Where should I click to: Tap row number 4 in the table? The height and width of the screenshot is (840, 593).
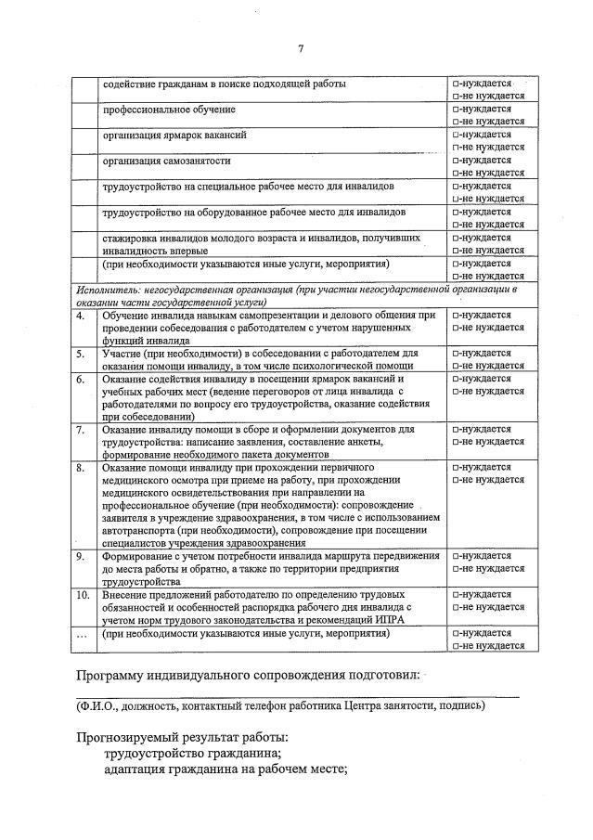click(x=82, y=316)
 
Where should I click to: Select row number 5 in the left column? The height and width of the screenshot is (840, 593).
click(x=82, y=354)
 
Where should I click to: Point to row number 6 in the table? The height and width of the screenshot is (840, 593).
click(x=82, y=380)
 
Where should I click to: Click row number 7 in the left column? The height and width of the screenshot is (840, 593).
click(x=82, y=430)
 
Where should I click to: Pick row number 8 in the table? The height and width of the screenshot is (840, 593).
click(x=82, y=468)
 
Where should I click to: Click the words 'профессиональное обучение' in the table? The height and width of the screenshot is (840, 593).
click(x=169, y=110)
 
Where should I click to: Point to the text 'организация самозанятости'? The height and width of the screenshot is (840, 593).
click(x=167, y=161)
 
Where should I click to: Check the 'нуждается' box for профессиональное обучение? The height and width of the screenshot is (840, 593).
click(x=455, y=110)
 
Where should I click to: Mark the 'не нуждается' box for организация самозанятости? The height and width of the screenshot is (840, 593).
click(x=455, y=174)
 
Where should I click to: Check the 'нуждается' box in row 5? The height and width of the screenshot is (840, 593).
click(x=455, y=354)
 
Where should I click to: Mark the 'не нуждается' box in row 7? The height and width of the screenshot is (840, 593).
click(x=455, y=443)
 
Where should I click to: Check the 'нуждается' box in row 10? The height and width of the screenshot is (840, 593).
click(x=455, y=594)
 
